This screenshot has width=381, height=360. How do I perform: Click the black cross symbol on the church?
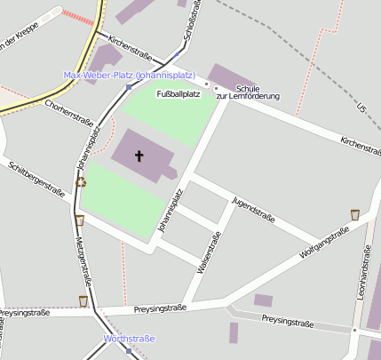139,156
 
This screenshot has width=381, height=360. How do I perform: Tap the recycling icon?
81,181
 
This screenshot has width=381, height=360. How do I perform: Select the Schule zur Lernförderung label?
249,92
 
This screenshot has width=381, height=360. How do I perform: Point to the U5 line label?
361,108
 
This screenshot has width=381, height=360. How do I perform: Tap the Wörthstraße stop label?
130,339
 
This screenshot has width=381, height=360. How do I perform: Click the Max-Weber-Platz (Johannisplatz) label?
130,75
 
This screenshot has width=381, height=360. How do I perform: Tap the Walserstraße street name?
213,252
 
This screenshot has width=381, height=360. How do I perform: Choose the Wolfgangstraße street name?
325,242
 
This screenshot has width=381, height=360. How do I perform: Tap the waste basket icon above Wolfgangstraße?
355,214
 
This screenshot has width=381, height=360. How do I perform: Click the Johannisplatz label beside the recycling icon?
86,148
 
